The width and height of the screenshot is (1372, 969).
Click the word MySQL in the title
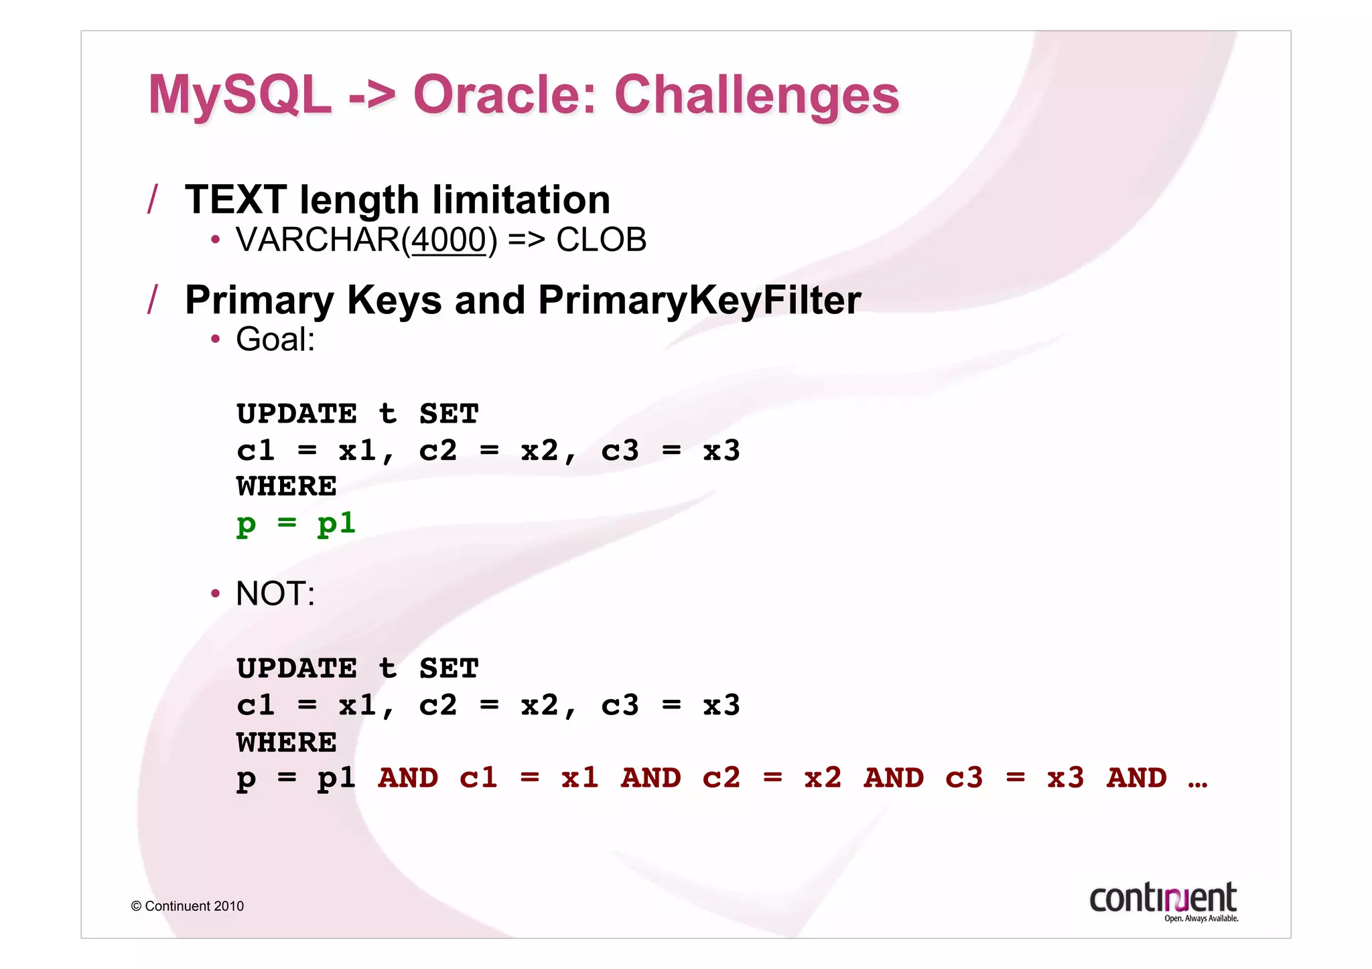point(240,95)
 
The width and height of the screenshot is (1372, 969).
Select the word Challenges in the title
point(756,95)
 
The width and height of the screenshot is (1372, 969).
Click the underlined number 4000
point(448,240)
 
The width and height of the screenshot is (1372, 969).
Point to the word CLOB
point(601,240)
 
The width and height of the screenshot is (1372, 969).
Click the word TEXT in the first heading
point(235,200)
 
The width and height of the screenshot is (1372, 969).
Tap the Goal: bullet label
point(275,339)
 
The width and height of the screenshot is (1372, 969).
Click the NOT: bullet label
point(275,593)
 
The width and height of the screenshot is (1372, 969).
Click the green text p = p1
point(295,523)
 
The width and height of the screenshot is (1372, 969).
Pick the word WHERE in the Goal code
point(286,486)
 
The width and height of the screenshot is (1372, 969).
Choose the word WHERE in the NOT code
point(286,742)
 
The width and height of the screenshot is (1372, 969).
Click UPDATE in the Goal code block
point(297,413)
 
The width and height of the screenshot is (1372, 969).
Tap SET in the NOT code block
point(449,668)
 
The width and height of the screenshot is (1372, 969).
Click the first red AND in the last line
point(408,777)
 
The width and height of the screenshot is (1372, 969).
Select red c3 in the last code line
point(963,777)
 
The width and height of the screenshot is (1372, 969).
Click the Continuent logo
point(1164,901)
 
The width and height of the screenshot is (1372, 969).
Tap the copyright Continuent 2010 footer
point(188,906)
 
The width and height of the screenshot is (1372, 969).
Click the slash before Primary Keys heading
point(153,299)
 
